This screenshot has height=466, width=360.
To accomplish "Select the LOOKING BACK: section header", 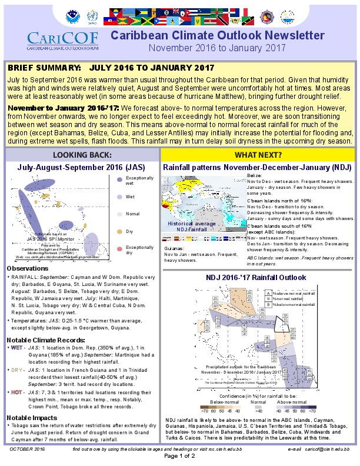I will [x=81, y=155].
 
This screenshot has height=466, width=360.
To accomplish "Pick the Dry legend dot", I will [x=119, y=231].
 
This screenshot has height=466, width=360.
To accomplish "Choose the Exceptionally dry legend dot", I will [x=119, y=249].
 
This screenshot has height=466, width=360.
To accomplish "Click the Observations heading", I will [x=28, y=268].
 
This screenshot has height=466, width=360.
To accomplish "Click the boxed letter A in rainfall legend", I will [x=268, y=292].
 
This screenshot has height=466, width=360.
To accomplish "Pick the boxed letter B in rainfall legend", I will [x=268, y=304].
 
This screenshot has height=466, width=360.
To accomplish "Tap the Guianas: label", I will [x=174, y=249].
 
